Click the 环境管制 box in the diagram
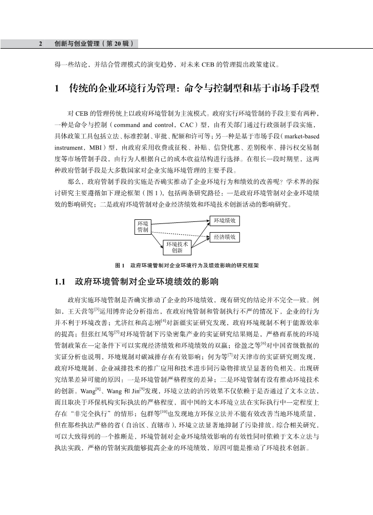click(143, 227)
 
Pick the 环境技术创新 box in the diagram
click(177, 248)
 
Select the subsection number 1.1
click(61, 282)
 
